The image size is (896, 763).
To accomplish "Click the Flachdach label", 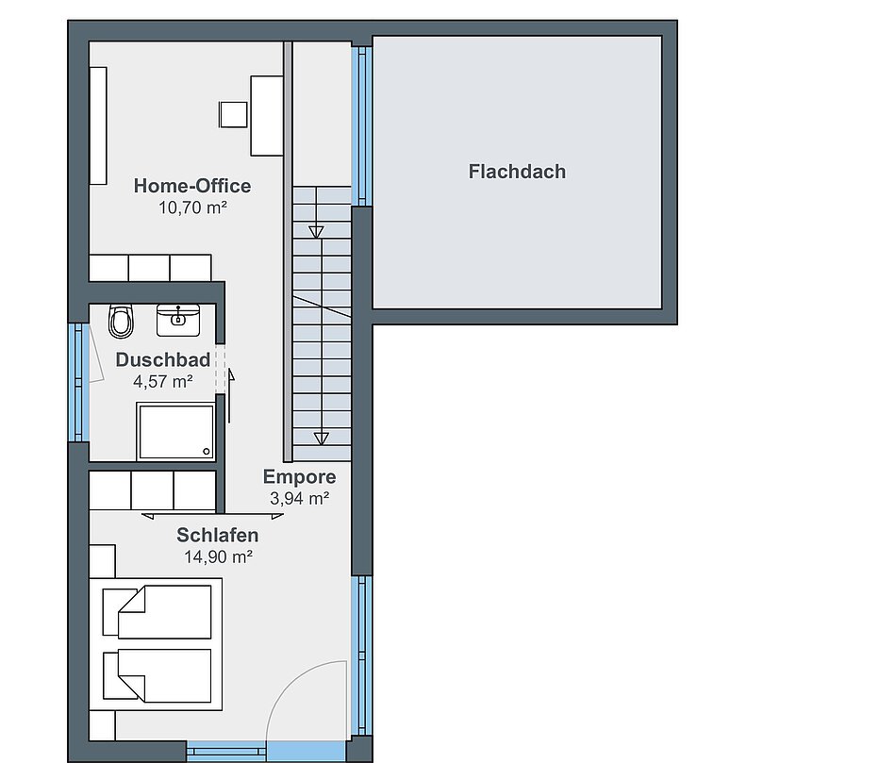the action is tap(517, 172).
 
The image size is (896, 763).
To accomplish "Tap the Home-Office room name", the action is tap(192, 186).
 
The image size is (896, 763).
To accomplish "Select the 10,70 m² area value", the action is tap(192, 207).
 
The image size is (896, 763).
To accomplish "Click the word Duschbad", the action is tap(163, 359).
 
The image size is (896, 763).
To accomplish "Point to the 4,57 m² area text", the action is tap(163, 381).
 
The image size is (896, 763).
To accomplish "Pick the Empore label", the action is tap(299, 477).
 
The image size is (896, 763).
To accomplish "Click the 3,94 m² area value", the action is tap(299, 498).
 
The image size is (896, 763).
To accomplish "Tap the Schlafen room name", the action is tap(218, 535).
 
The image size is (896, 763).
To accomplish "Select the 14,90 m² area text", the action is tap(218, 556).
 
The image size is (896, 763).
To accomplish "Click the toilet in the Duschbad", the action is tap(121, 322).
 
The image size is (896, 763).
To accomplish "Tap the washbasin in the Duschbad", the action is tap(178, 320).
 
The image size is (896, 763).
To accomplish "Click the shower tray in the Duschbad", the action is tap(175, 432).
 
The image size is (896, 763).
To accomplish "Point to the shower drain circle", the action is tap(207, 452).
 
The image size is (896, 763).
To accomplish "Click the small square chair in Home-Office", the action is tap(233, 114).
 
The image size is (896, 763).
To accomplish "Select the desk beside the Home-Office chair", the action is tap(267, 115).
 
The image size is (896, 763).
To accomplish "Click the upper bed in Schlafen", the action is tap(158, 611).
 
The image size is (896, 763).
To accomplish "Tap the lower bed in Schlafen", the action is tap(158, 675).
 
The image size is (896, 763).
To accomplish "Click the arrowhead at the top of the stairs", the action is tap(316, 232).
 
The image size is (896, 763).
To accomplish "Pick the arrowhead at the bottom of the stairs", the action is tap(322, 439).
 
